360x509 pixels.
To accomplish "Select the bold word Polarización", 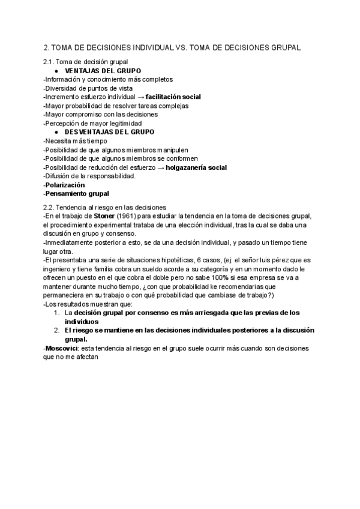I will click(64, 185).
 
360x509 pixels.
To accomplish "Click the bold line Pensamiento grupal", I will click(77, 194).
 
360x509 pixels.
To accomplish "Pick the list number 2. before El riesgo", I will click(56, 331).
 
